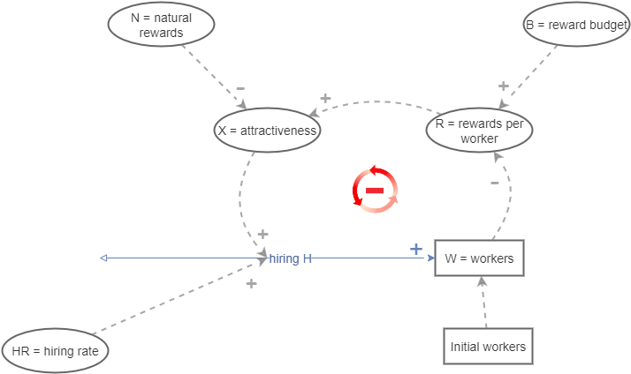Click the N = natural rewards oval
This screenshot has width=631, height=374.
coord(162,25)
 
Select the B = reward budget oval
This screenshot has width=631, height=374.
coord(576,25)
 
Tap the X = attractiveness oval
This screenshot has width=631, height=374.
coord(268,131)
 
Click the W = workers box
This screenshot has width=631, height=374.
coord(479,258)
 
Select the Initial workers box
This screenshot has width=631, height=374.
coord(488,347)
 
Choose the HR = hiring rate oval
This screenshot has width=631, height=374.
coord(56,350)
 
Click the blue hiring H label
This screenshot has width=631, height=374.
coord(291,258)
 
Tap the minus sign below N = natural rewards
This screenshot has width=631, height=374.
coord(240,89)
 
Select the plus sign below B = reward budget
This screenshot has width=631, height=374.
coord(503,86)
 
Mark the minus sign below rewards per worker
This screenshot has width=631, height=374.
coord(494,183)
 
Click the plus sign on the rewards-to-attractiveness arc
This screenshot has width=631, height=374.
coord(324,98)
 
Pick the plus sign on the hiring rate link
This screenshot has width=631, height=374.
coord(251,283)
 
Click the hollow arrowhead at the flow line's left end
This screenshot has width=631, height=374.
coord(104,258)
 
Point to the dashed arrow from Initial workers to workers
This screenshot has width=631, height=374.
coord(483,301)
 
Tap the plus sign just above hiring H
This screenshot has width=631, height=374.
coord(262,236)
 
